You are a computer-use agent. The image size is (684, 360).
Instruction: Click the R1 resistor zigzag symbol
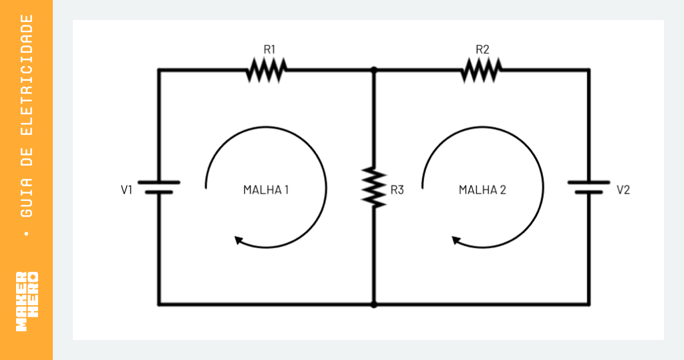266,70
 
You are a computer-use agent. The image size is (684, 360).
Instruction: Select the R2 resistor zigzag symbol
481,70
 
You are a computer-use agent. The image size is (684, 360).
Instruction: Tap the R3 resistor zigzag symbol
374,187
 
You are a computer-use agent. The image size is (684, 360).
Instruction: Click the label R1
270,49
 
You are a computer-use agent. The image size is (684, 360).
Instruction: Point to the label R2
482,49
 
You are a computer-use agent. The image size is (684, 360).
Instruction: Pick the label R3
397,190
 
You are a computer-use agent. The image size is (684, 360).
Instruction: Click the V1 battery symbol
159,187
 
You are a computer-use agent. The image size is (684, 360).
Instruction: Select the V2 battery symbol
589,187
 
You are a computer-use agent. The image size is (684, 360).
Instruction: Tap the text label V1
126,190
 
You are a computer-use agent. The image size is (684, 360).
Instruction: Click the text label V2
623,190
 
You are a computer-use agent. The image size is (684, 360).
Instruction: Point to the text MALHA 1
266,190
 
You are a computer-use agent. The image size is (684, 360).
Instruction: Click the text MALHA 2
482,190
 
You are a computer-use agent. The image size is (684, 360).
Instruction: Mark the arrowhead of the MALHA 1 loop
238,240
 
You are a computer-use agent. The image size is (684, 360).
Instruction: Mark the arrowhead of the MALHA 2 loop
456,240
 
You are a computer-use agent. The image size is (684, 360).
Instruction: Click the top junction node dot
374,70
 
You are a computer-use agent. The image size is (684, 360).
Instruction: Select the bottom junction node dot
374,304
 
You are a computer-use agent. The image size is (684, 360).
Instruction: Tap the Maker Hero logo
27,301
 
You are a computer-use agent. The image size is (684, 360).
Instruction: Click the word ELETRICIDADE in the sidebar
27,75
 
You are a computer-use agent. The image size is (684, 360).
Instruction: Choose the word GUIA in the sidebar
27,197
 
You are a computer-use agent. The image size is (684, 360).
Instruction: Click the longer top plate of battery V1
159,182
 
